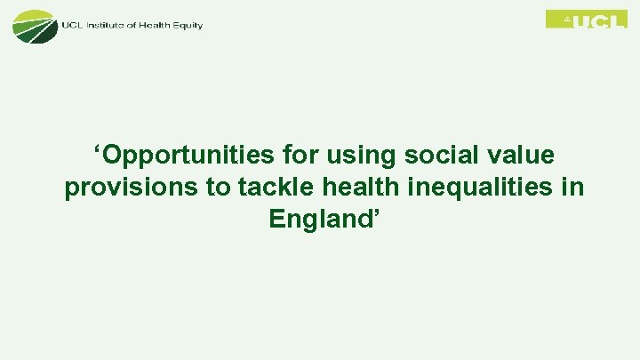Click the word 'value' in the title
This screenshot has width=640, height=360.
523,156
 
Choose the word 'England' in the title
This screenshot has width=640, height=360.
321,220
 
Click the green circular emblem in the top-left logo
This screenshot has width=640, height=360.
33,25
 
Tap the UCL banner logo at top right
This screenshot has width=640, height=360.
586,19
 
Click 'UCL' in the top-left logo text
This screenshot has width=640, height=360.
72,25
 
